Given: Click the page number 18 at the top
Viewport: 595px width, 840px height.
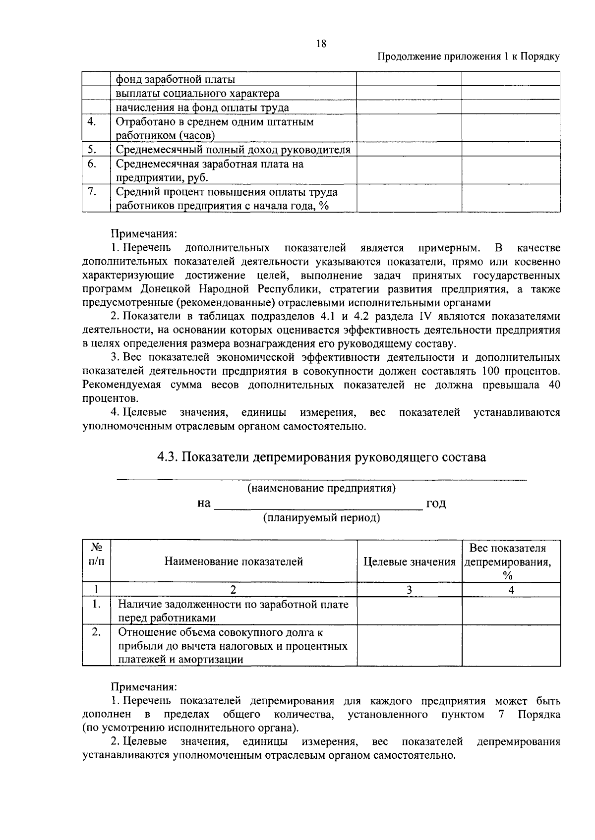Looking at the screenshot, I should [321, 44].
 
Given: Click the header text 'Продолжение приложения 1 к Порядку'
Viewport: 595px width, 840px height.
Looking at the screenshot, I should [469, 56].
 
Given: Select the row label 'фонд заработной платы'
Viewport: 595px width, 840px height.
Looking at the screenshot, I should [175, 79].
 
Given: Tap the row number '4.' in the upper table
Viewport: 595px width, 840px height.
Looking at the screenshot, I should [91, 122].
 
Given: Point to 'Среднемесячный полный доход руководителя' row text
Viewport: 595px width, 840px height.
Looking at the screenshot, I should [233, 150].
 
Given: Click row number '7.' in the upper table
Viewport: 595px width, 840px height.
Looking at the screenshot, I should [91, 192].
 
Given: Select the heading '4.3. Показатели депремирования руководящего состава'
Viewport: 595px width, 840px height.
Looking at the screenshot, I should [321, 457].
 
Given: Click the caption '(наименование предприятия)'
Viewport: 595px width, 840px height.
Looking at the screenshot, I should [321, 488].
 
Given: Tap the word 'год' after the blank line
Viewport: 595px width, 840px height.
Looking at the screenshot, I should [436, 504].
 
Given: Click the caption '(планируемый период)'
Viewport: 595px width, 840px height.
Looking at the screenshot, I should [321, 518].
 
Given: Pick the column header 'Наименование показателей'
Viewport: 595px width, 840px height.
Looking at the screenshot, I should [234, 561].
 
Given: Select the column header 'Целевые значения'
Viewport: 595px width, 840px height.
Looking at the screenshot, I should [410, 561].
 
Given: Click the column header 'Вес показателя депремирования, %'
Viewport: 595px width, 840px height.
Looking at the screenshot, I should [511, 561].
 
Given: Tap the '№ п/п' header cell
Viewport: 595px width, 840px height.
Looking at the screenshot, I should [97, 555].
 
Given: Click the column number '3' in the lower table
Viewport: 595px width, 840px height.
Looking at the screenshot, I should [409, 590].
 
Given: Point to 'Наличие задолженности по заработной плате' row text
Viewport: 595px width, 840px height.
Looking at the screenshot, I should [233, 604].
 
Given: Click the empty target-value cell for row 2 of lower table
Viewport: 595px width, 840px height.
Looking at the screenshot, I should [409, 645].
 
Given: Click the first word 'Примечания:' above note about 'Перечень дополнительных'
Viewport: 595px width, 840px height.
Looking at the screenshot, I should [143, 233].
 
